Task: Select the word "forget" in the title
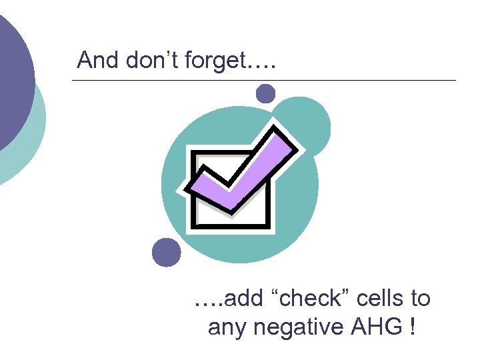point(213,61)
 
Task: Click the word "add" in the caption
point(243,299)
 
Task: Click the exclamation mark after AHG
point(415,327)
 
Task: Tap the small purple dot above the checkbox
point(265,93)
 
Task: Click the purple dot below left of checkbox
point(166,253)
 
